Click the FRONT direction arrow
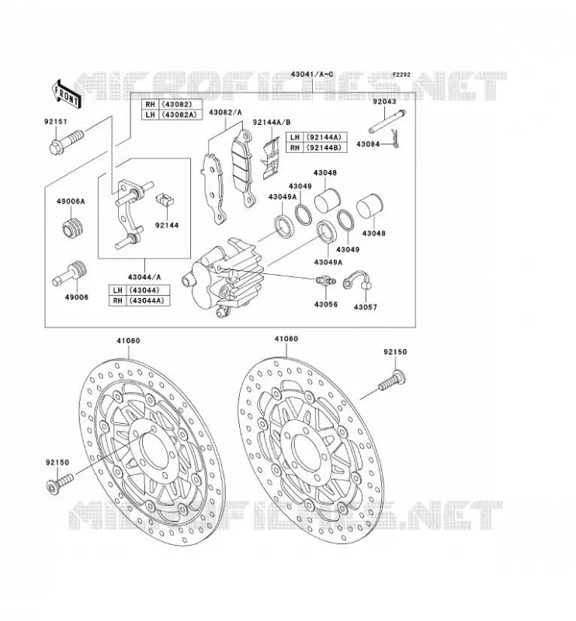coord(66,93)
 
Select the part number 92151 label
coord(55,122)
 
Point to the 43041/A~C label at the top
coord(312,75)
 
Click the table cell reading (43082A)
coord(180,115)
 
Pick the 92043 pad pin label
coord(384,102)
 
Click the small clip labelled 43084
coord(395,139)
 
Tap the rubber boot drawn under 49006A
coord(72,228)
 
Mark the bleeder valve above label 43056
coord(326,281)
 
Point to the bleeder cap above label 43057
coord(357,279)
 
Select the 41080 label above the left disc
coord(128,341)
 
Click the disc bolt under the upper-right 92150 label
coord(391,379)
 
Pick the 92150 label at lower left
coord(57,462)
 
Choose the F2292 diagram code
coord(401,75)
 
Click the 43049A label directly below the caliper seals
coord(328,262)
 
